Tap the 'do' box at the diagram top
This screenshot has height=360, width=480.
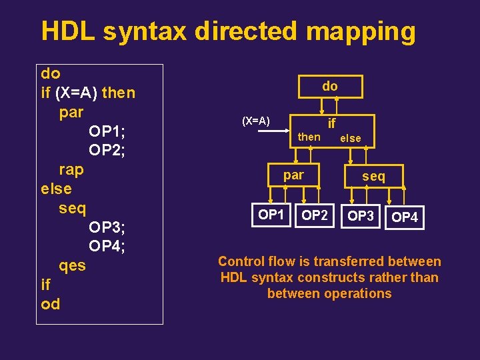tap(330, 86)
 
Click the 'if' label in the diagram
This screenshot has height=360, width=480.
tap(331, 123)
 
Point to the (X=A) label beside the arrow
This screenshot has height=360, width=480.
tap(255, 121)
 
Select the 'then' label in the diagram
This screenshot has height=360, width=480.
tap(309, 137)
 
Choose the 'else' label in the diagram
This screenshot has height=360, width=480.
tap(350, 139)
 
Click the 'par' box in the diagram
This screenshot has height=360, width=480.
tap(294, 175)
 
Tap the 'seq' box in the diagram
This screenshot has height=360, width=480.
tap(373, 176)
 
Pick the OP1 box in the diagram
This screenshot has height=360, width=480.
tap(271, 215)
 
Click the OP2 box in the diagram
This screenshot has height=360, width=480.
tap(315, 215)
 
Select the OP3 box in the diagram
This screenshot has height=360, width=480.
tap(361, 216)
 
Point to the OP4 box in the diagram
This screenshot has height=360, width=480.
tap(405, 217)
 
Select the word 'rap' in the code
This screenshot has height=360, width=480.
tap(71, 169)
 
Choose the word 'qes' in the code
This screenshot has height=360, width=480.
tap(72, 266)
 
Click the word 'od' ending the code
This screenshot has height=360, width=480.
tap(50, 305)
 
